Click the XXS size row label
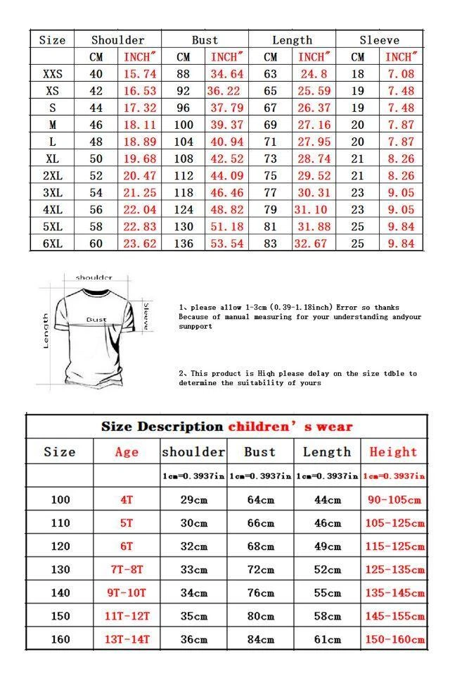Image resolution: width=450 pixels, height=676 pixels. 53,74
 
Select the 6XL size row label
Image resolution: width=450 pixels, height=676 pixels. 53,244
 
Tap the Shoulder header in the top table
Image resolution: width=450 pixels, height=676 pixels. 117,40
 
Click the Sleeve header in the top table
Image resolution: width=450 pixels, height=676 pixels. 380,40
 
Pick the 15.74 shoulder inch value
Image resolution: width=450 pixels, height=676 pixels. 140,74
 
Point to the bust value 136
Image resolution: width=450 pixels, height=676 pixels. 183,244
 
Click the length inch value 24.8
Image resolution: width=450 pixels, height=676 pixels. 314,74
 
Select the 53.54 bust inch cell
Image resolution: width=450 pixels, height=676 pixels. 226,244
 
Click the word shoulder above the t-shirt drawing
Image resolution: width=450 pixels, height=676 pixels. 94,277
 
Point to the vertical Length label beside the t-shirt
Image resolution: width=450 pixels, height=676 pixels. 46,330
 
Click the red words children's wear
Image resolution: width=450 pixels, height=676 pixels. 290,427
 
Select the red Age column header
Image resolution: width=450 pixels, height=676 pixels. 127,452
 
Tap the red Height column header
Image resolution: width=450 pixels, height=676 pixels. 393,452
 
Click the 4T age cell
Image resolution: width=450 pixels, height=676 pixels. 127,500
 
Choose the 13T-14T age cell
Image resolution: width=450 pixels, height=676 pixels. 127,639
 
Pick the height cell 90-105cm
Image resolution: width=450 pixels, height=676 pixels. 394,500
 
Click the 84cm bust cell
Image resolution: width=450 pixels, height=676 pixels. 259,639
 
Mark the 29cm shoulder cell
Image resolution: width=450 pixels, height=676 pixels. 193,500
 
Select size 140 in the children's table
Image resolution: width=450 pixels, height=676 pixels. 60,593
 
